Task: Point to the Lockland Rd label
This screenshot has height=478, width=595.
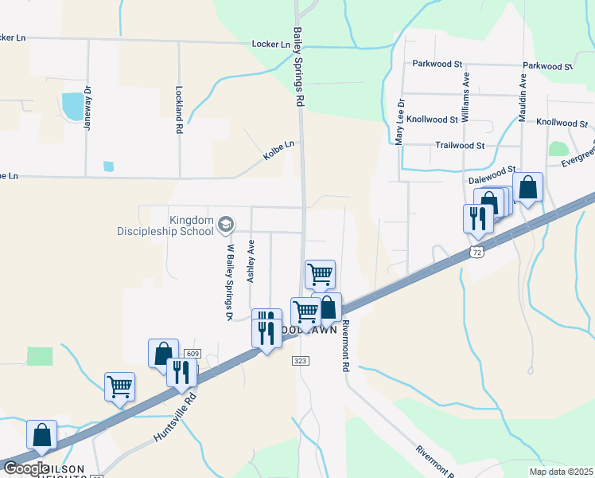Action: (x=180, y=109)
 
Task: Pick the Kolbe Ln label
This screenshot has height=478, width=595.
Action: (x=279, y=151)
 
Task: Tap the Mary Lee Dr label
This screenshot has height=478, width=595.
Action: (x=401, y=122)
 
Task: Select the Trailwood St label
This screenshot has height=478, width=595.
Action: (x=460, y=146)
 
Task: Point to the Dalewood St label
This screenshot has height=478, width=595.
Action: (x=492, y=181)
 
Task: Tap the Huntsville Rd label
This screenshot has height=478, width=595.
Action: (x=174, y=417)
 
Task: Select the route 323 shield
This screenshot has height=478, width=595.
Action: (x=299, y=361)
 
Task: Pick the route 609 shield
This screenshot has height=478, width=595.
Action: (x=191, y=353)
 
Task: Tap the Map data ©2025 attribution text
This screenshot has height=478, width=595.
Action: (x=561, y=472)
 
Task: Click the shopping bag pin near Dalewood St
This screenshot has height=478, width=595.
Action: (x=527, y=188)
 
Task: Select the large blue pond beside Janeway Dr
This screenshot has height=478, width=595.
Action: (x=72, y=106)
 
